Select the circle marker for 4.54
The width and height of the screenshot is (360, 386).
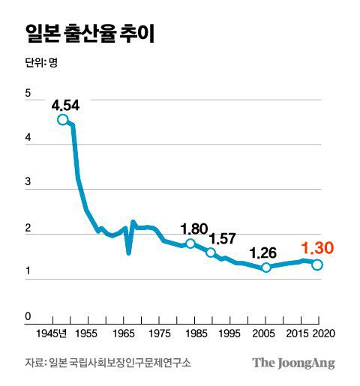[62, 120]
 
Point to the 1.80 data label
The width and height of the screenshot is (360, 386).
[194, 229]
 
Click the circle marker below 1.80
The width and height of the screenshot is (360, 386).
[190, 244]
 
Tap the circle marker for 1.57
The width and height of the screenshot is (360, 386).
[211, 253]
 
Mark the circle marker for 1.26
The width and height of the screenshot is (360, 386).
[265, 268]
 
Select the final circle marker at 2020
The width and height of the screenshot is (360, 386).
[317, 265]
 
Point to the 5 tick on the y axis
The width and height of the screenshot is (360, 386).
[28, 94]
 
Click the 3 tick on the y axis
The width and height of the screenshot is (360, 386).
[28, 183]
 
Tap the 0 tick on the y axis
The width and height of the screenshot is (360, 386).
[28, 318]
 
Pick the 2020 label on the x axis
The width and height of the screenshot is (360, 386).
[324, 332]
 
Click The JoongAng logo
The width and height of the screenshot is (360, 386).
[293, 363]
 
